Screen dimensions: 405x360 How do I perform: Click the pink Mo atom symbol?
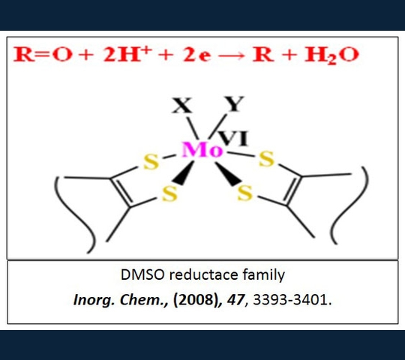click(x=202, y=150)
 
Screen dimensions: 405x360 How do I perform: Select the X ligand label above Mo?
click(x=182, y=105)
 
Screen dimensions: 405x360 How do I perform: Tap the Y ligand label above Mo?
click(x=234, y=103)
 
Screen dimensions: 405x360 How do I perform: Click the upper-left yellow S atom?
click(x=151, y=162)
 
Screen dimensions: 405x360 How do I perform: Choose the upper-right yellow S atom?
click(x=266, y=159)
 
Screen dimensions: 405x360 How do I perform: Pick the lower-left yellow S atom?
click(x=169, y=193)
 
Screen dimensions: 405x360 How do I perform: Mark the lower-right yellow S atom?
click(x=244, y=193)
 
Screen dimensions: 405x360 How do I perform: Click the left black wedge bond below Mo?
click(x=184, y=172)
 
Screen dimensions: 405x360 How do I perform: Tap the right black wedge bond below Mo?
click(x=227, y=173)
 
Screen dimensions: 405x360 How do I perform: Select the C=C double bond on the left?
click(x=121, y=192)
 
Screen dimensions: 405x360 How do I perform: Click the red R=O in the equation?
click(x=42, y=55)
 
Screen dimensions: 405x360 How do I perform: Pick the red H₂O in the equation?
click(x=331, y=55)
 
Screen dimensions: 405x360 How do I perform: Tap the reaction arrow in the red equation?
click(x=232, y=55)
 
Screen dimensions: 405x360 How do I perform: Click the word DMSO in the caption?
click(x=142, y=274)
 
